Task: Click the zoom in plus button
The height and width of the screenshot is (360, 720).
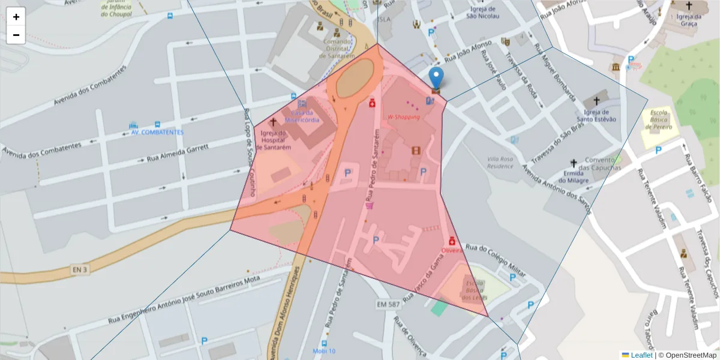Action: [x=16, y=17]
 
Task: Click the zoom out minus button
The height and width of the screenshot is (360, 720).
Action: [x=16, y=35]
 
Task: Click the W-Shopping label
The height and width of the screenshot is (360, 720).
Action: [x=403, y=117]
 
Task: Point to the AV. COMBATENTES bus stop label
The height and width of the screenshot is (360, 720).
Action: [x=157, y=132]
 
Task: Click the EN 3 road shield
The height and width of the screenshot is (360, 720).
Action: [x=79, y=270]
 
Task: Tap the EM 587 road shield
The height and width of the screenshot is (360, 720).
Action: [x=388, y=305]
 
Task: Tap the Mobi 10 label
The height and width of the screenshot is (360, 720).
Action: [x=324, y=351]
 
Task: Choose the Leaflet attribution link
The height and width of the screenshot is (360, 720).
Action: [x=641, y=355]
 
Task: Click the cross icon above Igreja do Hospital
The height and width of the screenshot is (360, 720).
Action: [x=273, y=122]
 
